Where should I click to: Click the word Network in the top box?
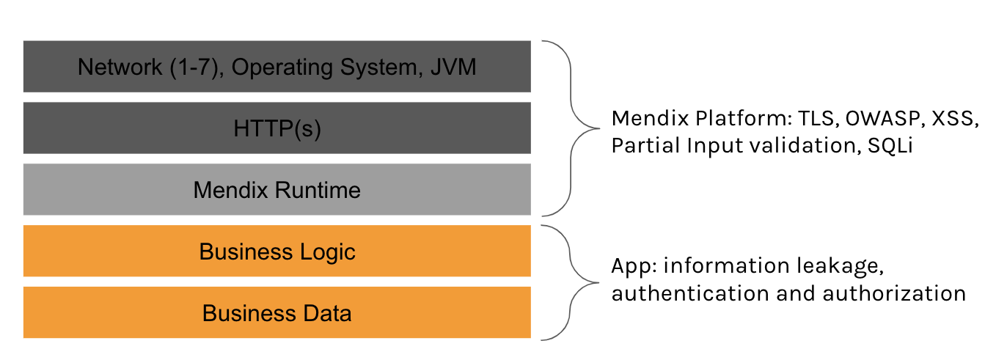[120, 67]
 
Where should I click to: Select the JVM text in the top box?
[453, 67]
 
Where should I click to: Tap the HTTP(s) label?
[277, 129]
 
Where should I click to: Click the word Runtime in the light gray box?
[318, 190]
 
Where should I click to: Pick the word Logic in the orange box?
[328, 252]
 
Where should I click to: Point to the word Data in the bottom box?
[327, 313]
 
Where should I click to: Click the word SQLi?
[890, 146]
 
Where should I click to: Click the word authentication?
[690, 293]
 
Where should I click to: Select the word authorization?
[894, 293]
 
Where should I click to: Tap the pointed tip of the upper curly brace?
[598, 128]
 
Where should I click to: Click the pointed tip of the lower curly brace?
[598, 283]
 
